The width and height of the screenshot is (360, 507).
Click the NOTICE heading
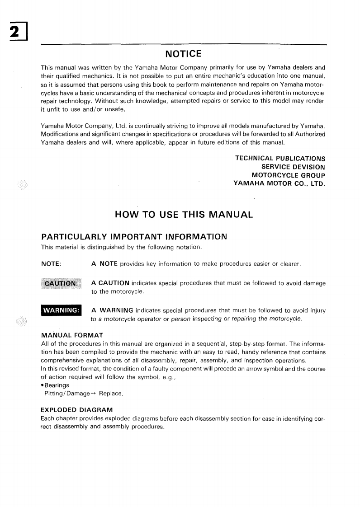tap(183, 54)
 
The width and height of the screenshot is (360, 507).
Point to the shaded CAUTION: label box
tap(60, 283)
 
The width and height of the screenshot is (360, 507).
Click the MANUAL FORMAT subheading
tap(72, 335)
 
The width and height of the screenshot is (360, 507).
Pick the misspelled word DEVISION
tap(305, 167)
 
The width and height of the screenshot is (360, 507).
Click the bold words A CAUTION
tap(110, 283)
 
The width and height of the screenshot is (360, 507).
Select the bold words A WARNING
tap(112, 310)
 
